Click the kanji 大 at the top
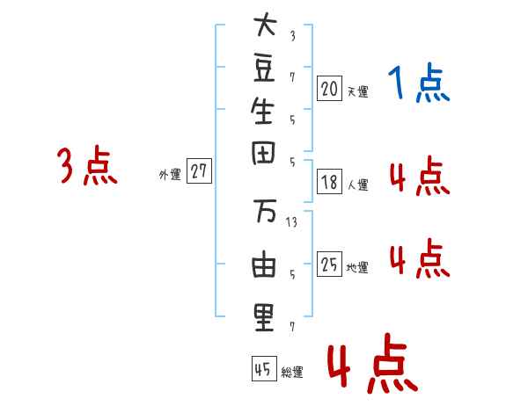266,24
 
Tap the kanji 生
262,111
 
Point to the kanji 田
263,153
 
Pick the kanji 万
265,211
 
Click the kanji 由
264,264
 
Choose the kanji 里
264,318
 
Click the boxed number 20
329,89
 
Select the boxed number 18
329,182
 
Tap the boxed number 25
329,264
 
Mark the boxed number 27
199,170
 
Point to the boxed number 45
264,368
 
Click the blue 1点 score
419,83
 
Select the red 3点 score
87,165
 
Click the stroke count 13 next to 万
291,222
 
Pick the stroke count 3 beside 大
293,36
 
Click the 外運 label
170,175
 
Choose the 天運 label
358,91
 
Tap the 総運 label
292,372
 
